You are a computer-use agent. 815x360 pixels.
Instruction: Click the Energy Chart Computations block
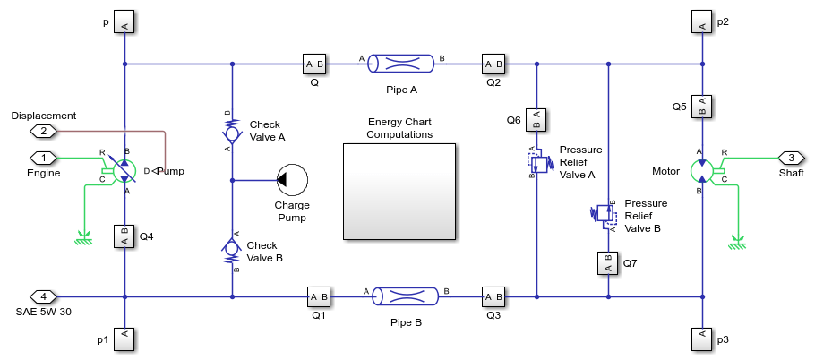(399, 191)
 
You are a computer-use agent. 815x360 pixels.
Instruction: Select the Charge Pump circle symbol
(293, 179)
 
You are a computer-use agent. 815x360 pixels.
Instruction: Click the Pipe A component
(402, 64)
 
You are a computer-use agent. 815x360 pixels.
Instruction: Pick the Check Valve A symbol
(232, 133)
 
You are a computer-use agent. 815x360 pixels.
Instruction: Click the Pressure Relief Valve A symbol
(538, 162)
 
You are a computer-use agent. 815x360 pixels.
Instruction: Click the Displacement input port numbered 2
(43, 131)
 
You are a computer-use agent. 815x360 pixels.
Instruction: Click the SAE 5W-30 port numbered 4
(43, 296)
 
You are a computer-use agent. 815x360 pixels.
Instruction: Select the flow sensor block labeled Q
(314, 64)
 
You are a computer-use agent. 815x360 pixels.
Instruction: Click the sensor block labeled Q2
(493, 64)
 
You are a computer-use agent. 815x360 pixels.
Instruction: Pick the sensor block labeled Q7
(608, 263)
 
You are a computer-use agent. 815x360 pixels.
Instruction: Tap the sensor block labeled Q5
(703, 106)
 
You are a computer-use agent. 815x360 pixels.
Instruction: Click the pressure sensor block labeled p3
(703, 339)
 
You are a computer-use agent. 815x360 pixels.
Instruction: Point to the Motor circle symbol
(703, 170)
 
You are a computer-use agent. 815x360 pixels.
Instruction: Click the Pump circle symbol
(124, 169)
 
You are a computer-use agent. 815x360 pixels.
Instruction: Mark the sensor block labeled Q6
(536, 119)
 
